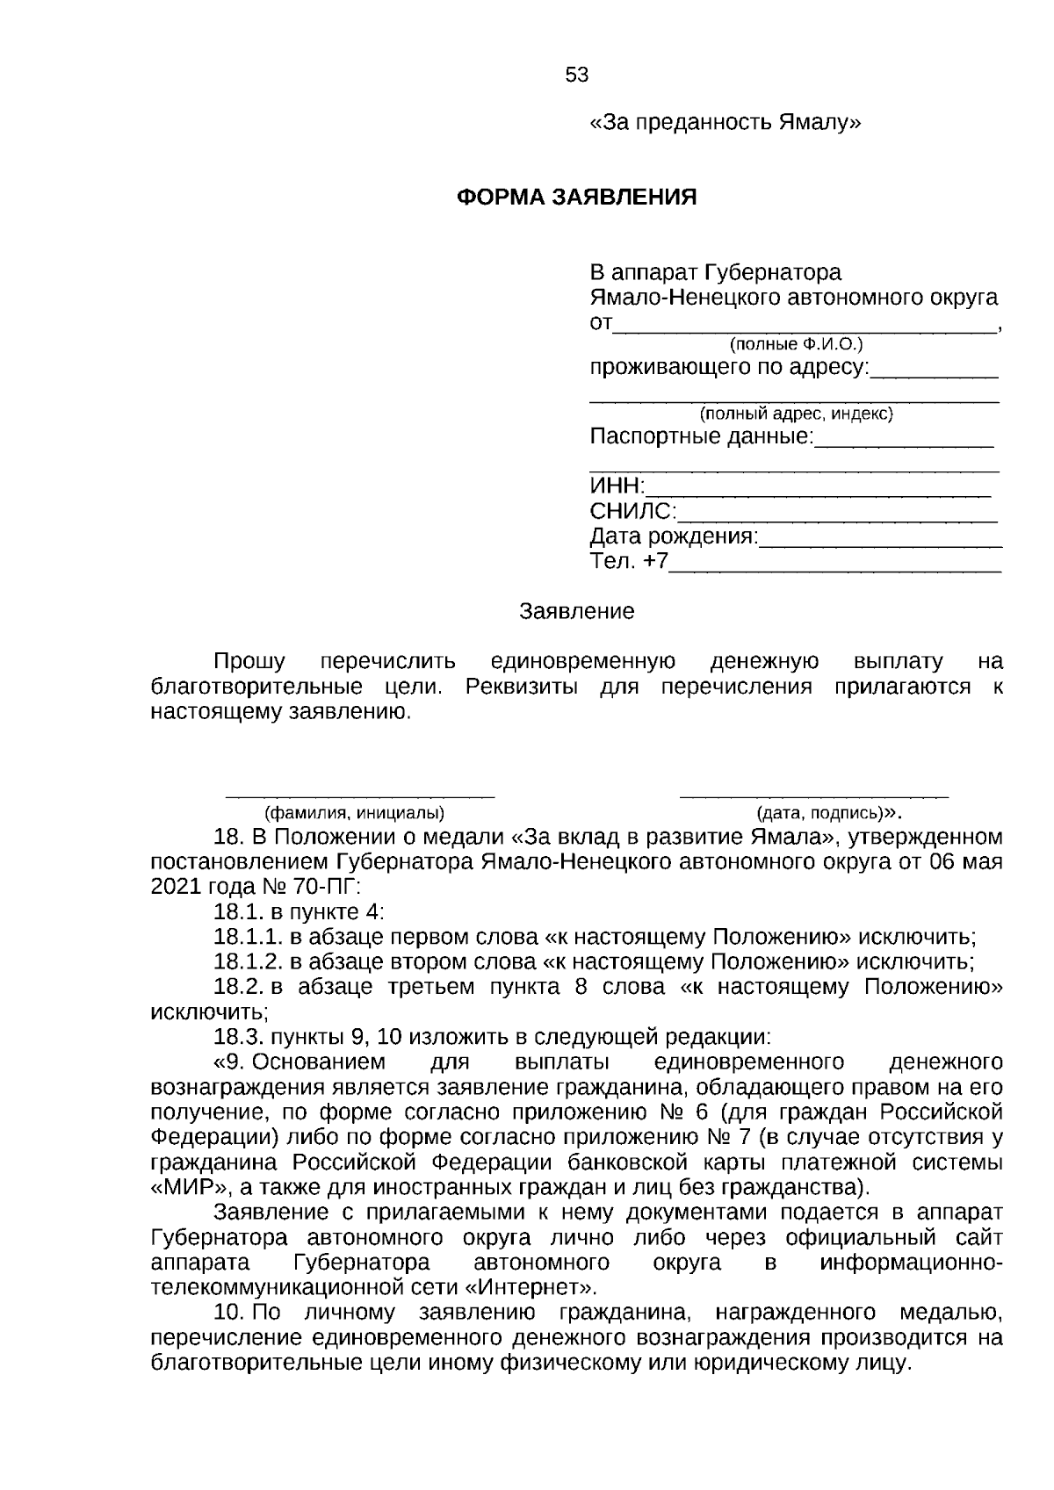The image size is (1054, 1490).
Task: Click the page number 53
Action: (x=577, y=76)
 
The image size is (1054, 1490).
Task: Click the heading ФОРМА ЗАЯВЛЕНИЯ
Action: (x=577, y=197)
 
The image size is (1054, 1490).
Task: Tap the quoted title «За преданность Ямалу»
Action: (x=725, y=123)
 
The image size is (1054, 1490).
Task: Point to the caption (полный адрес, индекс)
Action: (x=796, y=414)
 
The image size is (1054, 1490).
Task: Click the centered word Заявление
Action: (x=577, y=611)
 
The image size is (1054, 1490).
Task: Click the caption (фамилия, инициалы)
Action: (x=349, y=812)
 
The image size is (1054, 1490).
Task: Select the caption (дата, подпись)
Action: (x=820, y=812)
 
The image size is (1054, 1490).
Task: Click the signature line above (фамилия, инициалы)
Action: (x=360, y=795)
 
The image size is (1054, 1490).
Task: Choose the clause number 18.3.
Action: (x=238, y=1036)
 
